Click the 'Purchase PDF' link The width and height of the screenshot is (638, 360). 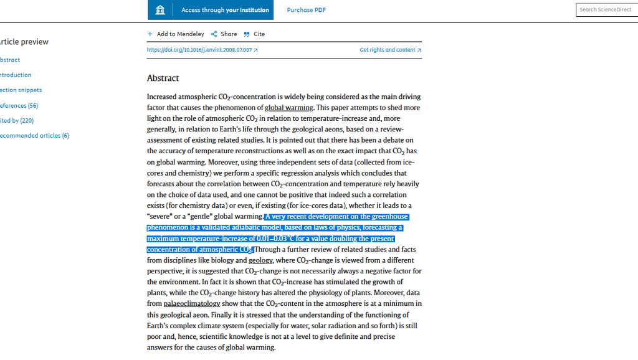click(306, 10)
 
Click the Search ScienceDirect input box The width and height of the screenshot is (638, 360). click(606, 10)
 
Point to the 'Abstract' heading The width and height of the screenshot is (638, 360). click(163, 78)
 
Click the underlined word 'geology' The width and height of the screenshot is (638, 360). click(260, 260)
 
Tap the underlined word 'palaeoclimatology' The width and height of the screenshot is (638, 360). click(192, 304)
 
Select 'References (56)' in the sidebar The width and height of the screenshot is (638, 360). click(19, 106)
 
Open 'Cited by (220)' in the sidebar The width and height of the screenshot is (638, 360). click(17, 121)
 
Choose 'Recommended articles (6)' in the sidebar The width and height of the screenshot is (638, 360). click(34, 136)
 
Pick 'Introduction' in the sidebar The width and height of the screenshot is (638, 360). click(16, 75)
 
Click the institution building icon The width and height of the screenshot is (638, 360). click(160, 10)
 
